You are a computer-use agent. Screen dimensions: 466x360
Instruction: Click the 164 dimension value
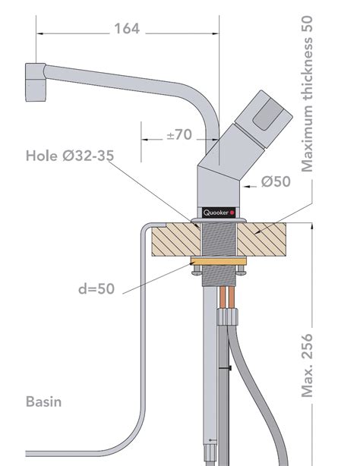click(127, 30)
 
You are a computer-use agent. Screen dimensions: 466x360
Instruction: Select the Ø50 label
click(276, 181)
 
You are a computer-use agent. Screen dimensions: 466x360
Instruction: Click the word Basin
click(44, 400)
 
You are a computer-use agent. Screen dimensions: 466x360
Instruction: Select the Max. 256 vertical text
click(308, 365)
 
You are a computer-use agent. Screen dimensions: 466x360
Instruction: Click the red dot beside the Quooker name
click(232, 212)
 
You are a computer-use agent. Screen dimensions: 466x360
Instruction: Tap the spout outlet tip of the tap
click(35, 83)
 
